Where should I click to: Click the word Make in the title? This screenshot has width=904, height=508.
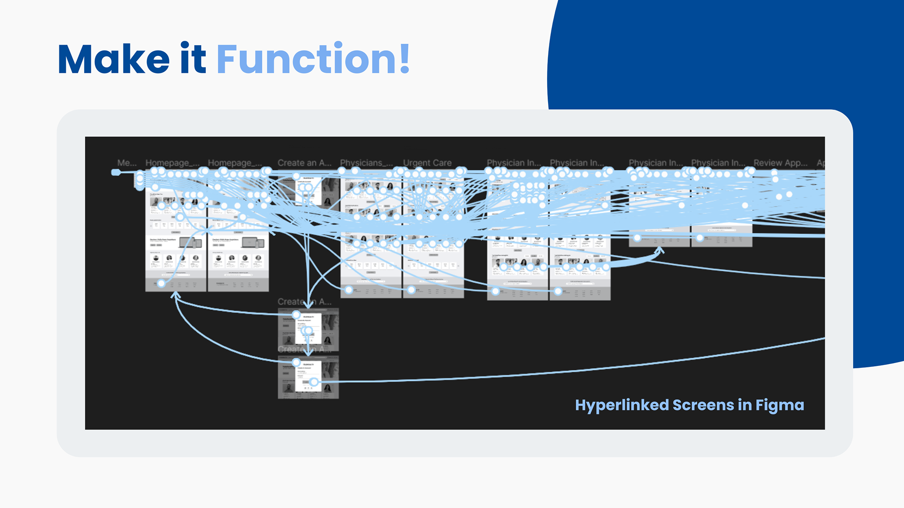(x=113, y=59)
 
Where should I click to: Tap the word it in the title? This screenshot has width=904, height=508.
(x=193, y=59)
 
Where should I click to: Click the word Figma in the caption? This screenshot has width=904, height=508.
(x=780, y=405)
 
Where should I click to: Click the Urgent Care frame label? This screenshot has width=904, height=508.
(x=427, y=163)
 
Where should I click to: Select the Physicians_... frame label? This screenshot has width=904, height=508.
(x=366, y=163)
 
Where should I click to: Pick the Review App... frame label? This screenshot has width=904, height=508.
(x=780, y=163)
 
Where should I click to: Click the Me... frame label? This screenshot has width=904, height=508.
(x=127, y=163)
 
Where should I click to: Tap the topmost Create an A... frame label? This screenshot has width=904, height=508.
(x=304, y=163)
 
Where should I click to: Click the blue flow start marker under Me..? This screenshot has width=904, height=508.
(x=116, y=173)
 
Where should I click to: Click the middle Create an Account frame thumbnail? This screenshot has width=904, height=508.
(x=308, y=329)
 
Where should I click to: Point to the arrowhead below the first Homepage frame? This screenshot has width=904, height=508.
(x=176, y=295)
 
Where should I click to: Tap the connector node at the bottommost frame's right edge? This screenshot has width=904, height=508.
(x=314, y=382)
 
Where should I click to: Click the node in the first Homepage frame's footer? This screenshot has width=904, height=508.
(x=161, y=283)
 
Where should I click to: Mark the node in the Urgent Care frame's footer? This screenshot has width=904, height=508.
(x=411, y=290)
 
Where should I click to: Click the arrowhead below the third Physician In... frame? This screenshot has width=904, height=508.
(x=660, y=251)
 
